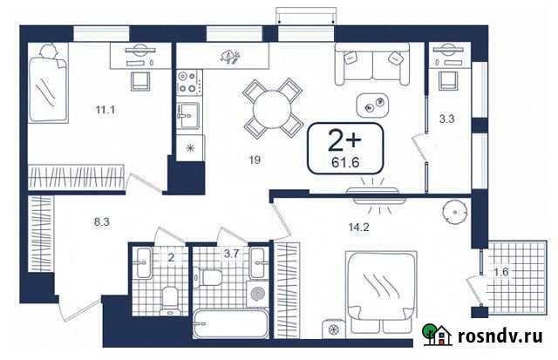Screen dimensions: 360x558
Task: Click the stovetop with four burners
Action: click(188, 82)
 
